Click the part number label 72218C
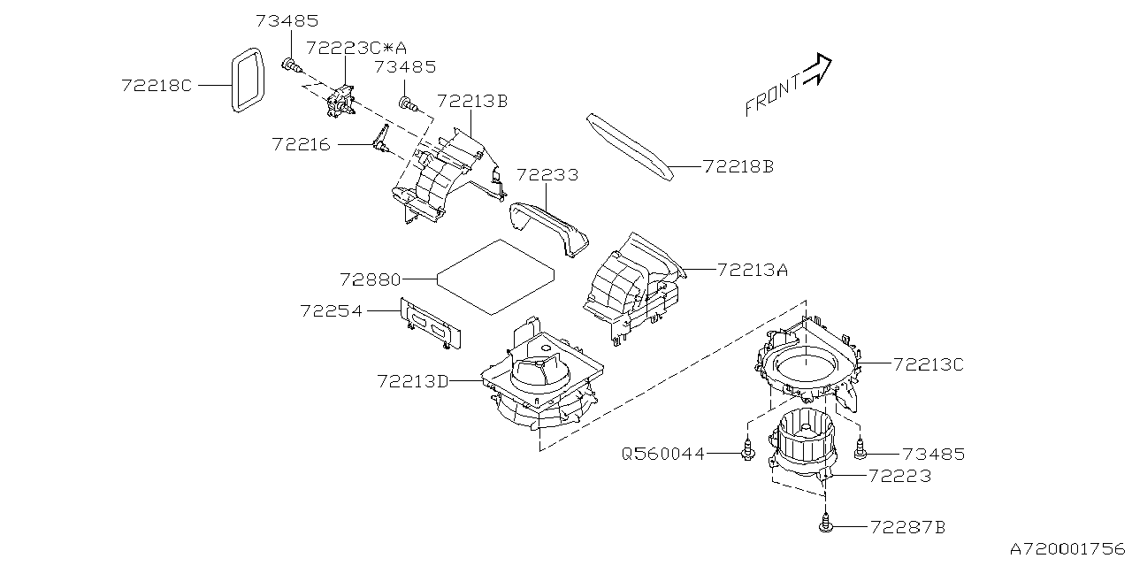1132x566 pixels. coord(157,85)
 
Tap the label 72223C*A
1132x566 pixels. coord(349,47)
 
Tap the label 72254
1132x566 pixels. coord(332,310)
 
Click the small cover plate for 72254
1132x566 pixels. coord(432,322)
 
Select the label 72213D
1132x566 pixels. coord(413,381)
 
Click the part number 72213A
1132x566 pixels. coord(751,270)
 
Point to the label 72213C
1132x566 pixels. coord(928,363)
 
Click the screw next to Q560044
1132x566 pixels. coord(748,451)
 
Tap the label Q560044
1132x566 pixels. coord(663,454)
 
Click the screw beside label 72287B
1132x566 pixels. coord(825,524)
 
